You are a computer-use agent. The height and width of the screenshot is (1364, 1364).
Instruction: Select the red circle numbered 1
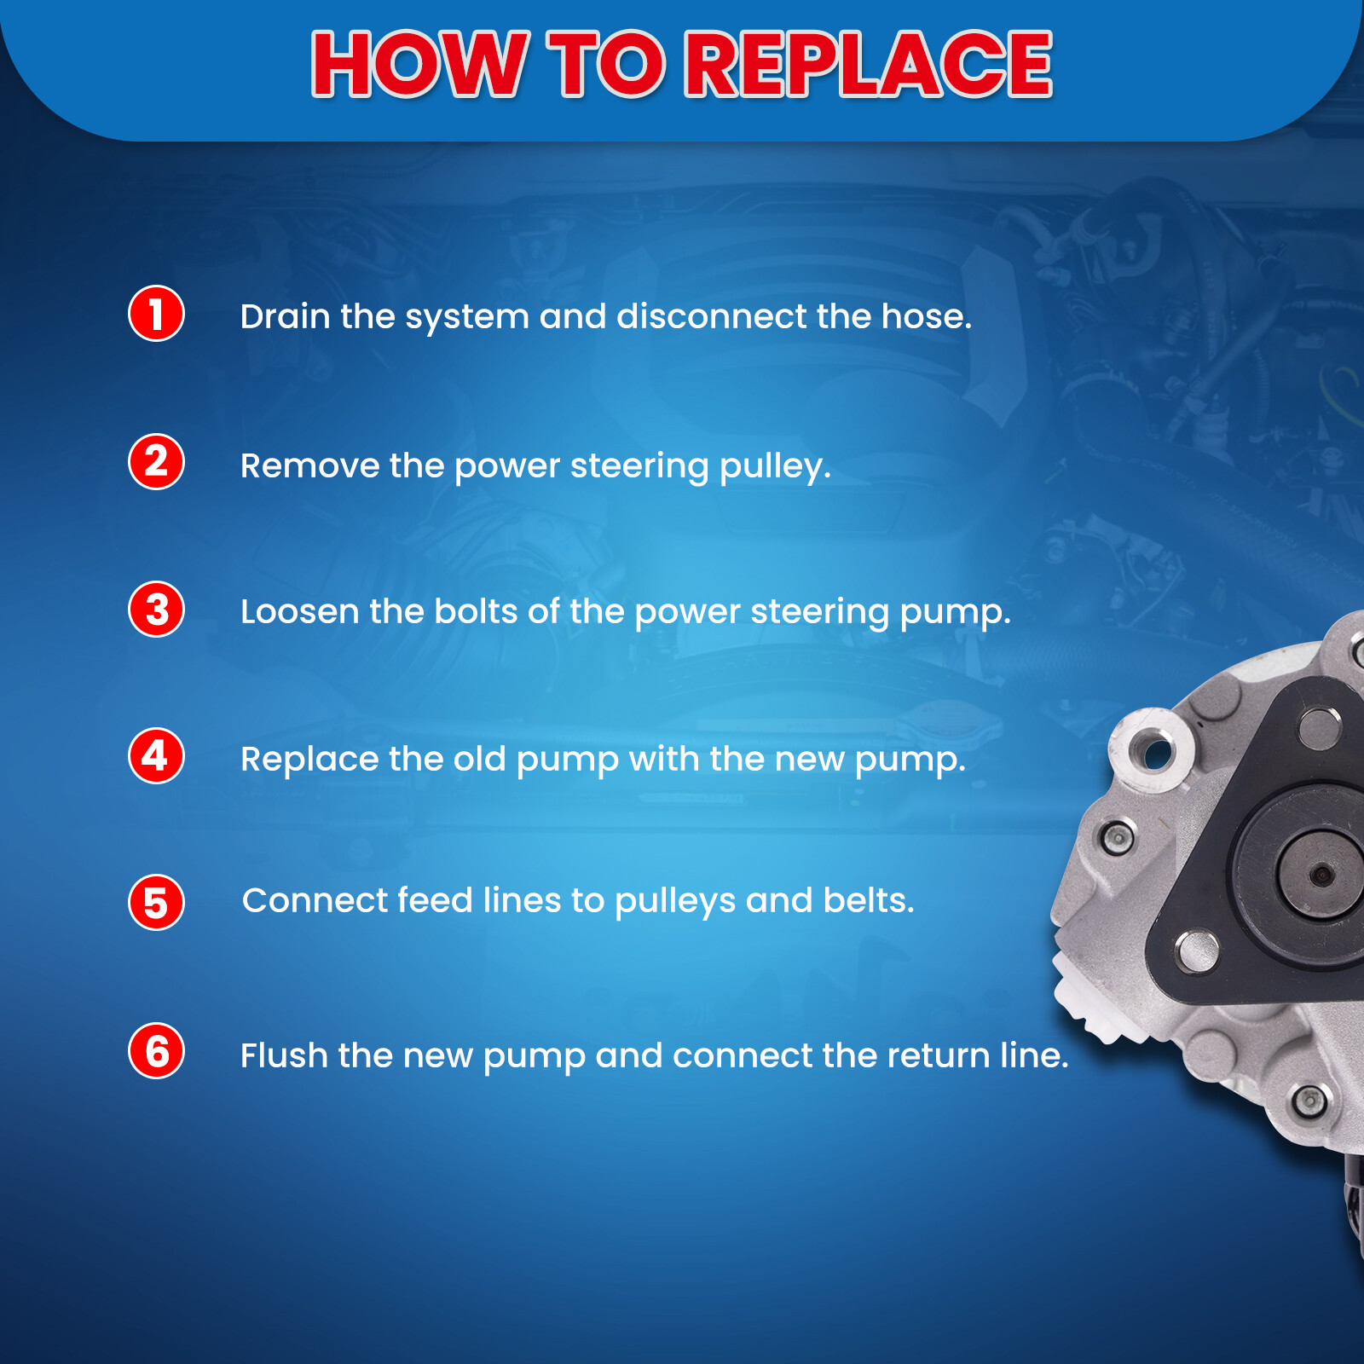click(x=156, y=314)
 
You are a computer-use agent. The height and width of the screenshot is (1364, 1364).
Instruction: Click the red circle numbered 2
click(x=156, y=462)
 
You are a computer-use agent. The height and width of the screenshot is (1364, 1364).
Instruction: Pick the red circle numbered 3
click(x=156, y=610)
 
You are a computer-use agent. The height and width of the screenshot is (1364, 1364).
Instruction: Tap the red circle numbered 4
click(x=156, y=756)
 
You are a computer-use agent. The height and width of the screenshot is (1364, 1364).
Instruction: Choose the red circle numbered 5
click(x=156, y=903)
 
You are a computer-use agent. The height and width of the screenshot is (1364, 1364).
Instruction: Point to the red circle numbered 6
click(x=156, y=1051)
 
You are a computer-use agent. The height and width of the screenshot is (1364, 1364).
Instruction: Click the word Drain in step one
click(x=285, y=317)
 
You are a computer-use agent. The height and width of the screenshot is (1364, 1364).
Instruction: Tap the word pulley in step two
click(x=773, y=467)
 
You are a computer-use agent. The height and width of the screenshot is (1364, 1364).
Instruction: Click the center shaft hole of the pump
click(x=1321, y=874)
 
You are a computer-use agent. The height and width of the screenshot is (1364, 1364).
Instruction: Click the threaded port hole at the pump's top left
click(x=1157, y=754)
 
